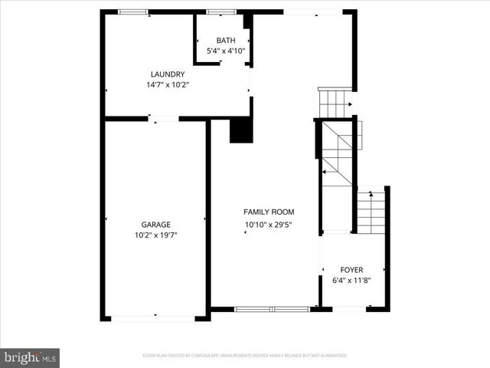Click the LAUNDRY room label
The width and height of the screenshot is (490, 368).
point(168,74)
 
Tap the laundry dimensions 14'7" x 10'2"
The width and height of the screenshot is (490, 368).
point(168,85)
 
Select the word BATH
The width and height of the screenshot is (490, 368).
point(226,41)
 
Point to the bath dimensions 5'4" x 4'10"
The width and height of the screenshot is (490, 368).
point(226,51)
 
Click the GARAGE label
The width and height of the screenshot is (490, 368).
point(155,225)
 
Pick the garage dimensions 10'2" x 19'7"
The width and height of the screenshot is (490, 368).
point(155,235)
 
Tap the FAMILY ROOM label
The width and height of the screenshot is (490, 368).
point(269,212)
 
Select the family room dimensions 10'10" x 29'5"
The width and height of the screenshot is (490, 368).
point(269,225)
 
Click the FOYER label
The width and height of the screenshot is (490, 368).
point(352,270)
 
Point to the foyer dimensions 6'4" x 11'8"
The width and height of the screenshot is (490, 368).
point(352,281)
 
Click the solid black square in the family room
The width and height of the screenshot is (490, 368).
point(241,130)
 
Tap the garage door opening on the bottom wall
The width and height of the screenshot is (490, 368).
point(155,317)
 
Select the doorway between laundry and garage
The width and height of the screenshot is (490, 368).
point(163,119)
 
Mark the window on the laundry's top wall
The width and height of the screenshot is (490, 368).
point(133,11)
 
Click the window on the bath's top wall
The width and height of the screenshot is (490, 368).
point(222,11)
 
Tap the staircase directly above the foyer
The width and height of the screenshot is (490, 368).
point(371,212)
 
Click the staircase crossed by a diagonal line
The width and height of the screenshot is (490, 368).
point(337,153)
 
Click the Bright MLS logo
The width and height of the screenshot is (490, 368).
point(30,357)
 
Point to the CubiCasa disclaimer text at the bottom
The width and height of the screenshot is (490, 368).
point(245,356)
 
